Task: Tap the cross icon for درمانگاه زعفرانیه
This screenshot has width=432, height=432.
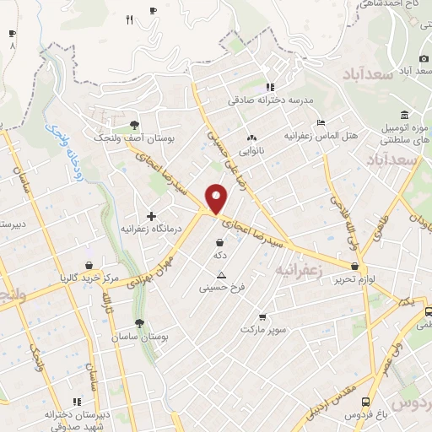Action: [x=152, y=216]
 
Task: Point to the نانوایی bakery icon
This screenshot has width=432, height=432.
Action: [x=251, y=138]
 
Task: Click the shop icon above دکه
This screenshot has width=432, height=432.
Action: [x=220, y=242]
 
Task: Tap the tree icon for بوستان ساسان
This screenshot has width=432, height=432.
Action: [x=139, y=323]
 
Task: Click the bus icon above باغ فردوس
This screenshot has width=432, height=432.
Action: [x=364, y=402]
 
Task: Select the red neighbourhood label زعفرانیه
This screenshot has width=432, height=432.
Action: [x=299, y=270]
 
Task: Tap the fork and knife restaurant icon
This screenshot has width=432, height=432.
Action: [x=129, y=19]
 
